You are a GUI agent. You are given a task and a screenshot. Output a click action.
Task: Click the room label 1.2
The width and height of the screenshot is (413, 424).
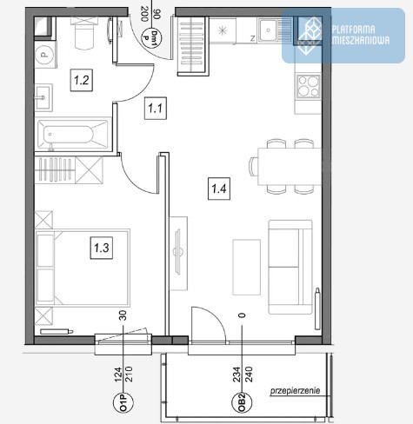pyautogui.click(x=82, y=80)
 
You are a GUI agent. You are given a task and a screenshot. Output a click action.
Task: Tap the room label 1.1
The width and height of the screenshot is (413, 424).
pyautogui.click(x=156, y=109)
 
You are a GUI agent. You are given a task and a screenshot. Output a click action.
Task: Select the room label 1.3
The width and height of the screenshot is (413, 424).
pyautogui.click(x=102, y=248)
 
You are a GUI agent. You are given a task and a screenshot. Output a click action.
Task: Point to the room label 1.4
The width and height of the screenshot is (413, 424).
pyautogui.click(x=219, y=189)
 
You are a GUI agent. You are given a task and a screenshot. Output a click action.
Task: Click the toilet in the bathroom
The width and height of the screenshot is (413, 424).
pyautogui.click(x=84, y=32)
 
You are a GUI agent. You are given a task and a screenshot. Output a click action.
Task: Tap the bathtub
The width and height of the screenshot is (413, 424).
pyautogui.click(x=73, y=135)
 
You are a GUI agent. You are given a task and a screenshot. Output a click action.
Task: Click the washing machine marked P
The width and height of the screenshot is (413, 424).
pyautogui.click(x=45, y=55)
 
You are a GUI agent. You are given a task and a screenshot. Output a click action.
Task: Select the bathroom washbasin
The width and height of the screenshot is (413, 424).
pyautogui.click(x=43, y=97)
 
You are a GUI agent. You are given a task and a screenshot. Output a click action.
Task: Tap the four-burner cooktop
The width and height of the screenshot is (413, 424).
pyautogui.click(x=309, y=86)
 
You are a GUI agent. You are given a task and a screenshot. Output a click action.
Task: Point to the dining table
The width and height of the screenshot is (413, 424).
pyautogui.click(x=290, y=167)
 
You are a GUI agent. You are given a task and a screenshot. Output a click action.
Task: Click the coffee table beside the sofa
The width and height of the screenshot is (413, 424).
pyautogui.click(x=247, y=267)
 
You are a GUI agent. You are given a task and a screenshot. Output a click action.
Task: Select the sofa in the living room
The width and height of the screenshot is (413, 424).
pyautogui.click(x=290, y=267)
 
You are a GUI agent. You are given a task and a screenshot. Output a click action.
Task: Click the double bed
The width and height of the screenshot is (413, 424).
pyautogui.click(x=83, y=268)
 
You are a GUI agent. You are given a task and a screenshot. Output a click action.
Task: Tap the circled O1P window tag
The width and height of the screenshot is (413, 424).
pyautogui.click(x=123, y=402)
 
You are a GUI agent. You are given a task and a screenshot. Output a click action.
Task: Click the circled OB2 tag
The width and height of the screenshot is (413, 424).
pyautogui.click(x=242, y=402)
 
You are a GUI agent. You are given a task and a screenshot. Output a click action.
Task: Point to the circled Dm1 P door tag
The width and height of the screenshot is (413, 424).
pyautogui.click(x=151, y=37)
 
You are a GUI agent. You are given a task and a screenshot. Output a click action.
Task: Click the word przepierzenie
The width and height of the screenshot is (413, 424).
pyautogui.click(x=295, y=391)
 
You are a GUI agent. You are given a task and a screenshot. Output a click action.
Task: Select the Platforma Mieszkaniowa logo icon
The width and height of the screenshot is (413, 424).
pyautogui.click(x=310, y=36)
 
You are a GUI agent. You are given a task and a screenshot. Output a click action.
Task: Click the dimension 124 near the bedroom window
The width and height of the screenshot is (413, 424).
pyautogui.click(x=118, y=374)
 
